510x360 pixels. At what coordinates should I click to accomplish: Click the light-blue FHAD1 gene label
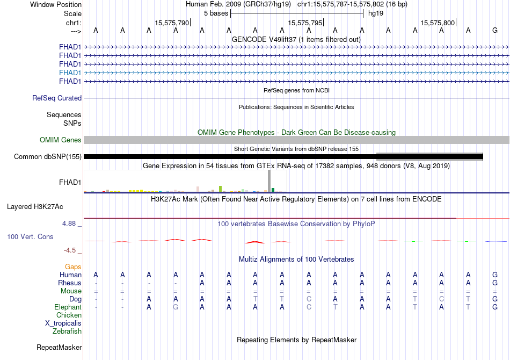(70, 73)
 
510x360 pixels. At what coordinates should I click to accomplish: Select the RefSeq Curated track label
(57, 98)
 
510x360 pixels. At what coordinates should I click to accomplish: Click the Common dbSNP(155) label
(48, 157)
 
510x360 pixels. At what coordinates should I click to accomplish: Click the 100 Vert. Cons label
(30, 236)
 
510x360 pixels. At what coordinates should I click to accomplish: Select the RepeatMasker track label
(59, 348)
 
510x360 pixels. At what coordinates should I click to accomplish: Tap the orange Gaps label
(73, 267)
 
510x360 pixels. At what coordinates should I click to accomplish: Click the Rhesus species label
(70, 283)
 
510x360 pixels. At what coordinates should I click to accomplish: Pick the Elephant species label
(68, 307)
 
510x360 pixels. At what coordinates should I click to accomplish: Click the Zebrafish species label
(67, 331)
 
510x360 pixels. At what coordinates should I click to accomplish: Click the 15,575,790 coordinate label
(172, 23)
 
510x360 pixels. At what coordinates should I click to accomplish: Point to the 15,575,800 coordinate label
(438, 23)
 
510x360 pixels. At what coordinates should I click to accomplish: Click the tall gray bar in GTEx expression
(269, 181)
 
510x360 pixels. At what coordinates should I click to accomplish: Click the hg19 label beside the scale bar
(375, 13)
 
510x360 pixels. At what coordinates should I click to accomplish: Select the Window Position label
(56, 4)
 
